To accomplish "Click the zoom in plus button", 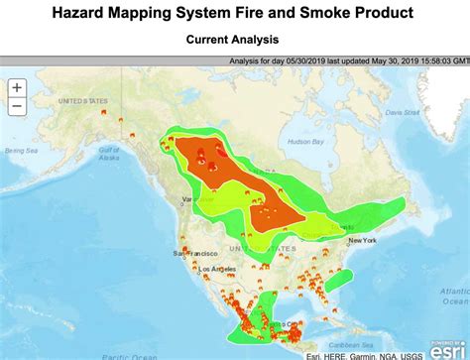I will (x=17, y=87).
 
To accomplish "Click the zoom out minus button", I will (x=17, y=105).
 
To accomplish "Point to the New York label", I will (x=362, y=240).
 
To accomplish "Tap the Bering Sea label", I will (x=19, y=151).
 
